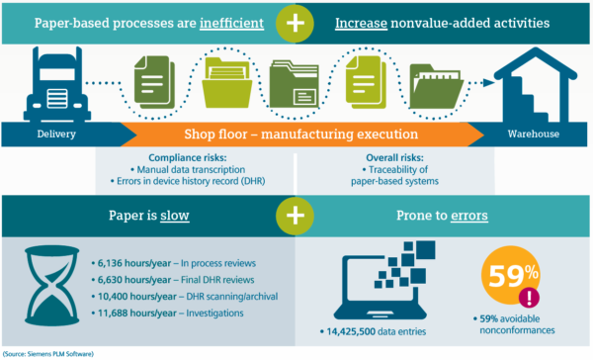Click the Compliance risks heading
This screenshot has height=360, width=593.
pyautogui.click(x=196, y=156)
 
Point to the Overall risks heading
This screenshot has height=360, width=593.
pyautogui.click(x=394, y=156)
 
